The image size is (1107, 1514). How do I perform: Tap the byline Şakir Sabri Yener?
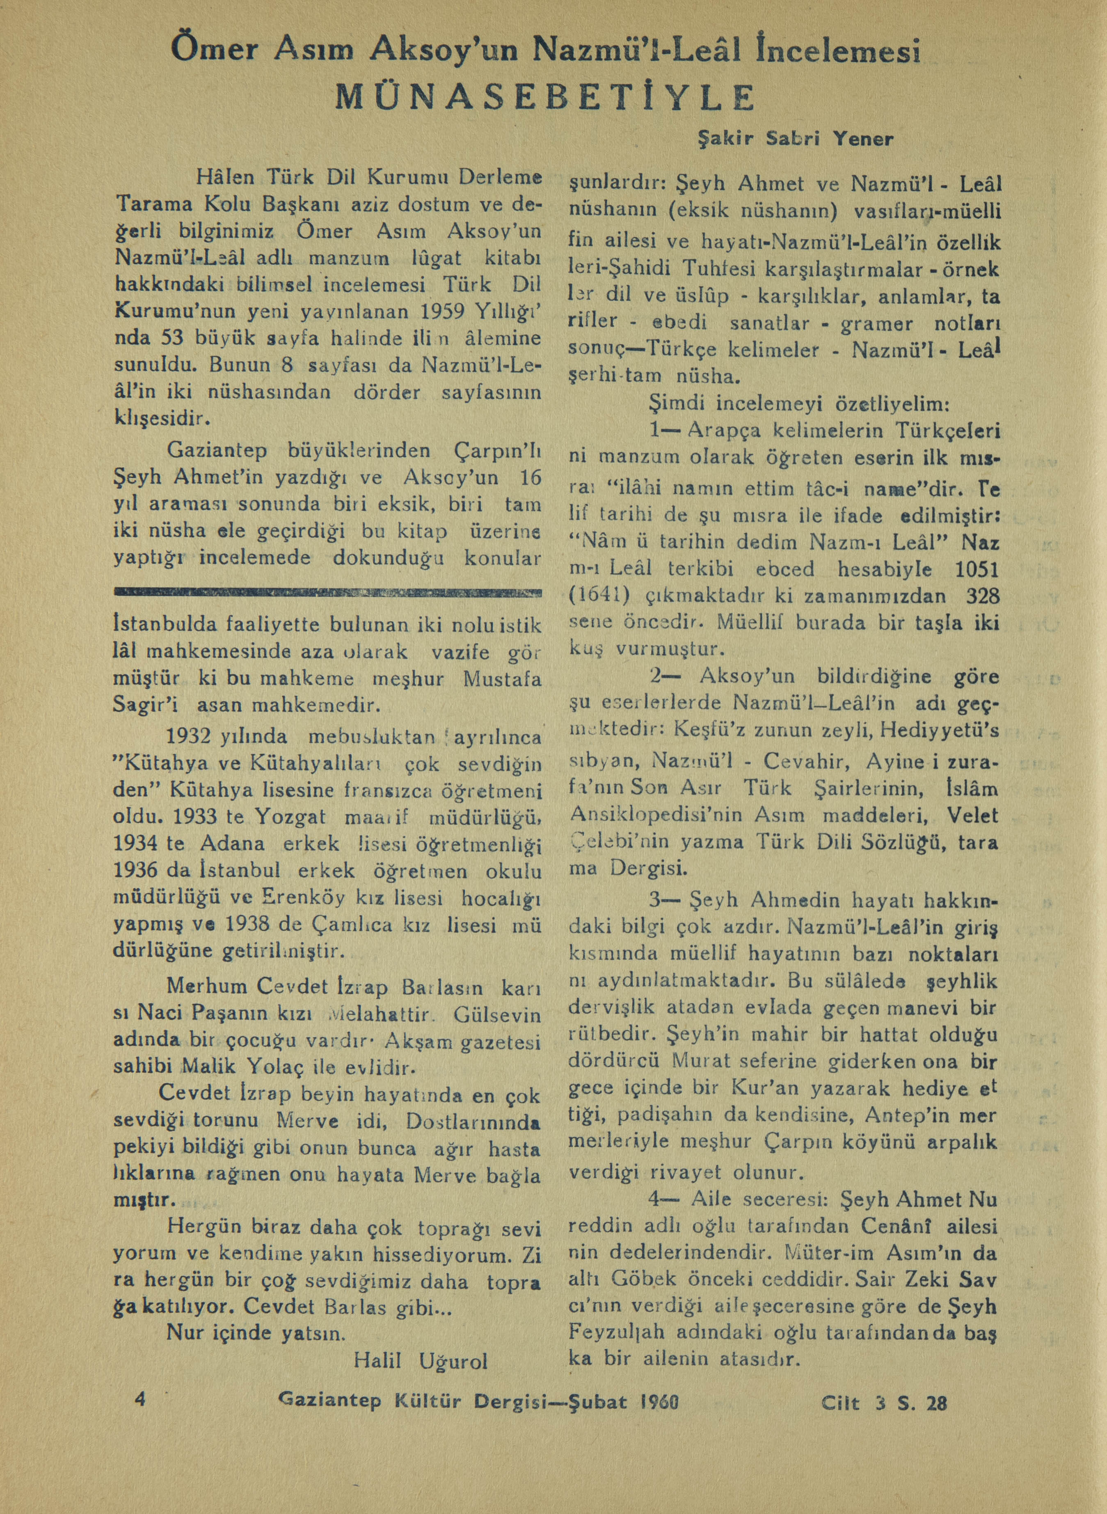[796, 140]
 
